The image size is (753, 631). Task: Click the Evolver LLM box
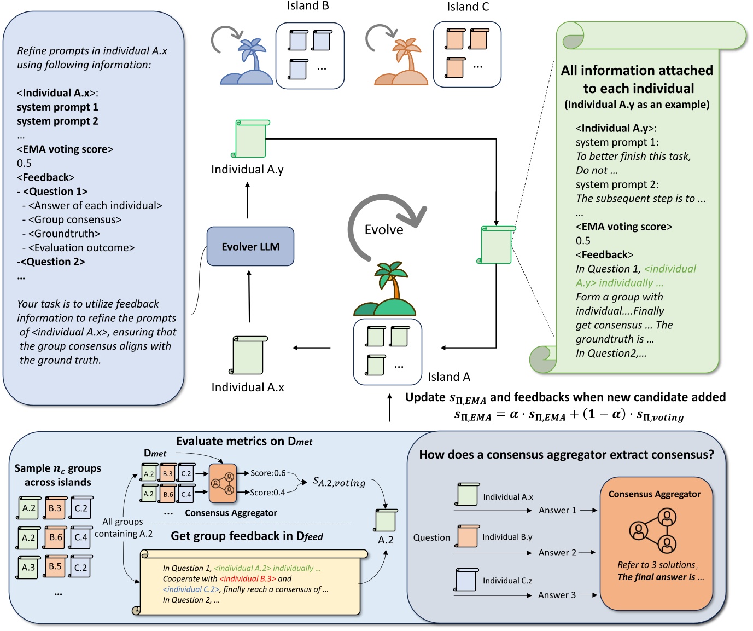[x=250, y=247]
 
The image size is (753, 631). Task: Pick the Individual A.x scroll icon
[x=249, y=355]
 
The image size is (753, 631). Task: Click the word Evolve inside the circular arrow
[x=384, y=230]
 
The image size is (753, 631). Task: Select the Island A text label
[x=448, y=377]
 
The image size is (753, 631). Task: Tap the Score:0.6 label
[x=268, y=473]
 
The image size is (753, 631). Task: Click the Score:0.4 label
[x=268, y=493]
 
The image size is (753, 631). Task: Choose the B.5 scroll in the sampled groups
[x=55, y=566]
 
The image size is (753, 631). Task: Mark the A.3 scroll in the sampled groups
[x=28, y=568]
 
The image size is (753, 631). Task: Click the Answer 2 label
[x=557, y=553]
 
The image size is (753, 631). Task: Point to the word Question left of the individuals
[x=431, y=537]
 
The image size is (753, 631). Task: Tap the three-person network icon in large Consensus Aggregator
[x=653, y=530]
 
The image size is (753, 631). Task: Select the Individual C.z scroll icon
[x=466, y=580]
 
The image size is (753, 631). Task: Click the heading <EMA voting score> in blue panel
[x=65, y=149]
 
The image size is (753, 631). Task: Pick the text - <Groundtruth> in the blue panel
[x=61, y=234]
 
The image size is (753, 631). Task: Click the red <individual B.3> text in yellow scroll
[x=247, y=578]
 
